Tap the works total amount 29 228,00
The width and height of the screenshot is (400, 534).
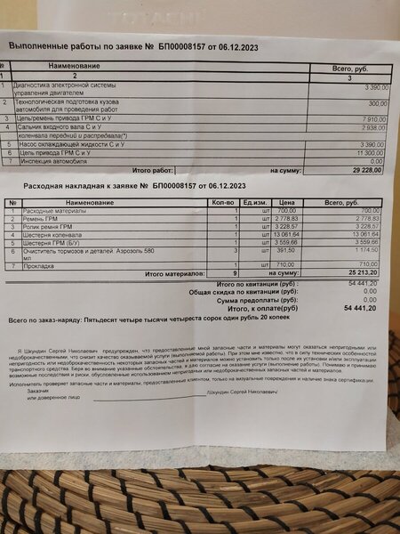point(363,168)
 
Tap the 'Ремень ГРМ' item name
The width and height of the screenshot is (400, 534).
point(41,218)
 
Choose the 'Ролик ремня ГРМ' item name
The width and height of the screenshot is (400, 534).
point(47,227)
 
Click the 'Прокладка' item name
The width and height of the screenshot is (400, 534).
point(40,264)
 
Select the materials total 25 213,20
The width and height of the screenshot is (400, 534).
point(360,272)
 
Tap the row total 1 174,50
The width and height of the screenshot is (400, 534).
point(364,251)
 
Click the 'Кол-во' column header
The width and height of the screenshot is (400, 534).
point(223,203)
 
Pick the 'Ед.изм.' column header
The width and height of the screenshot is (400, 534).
point(256,203)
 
